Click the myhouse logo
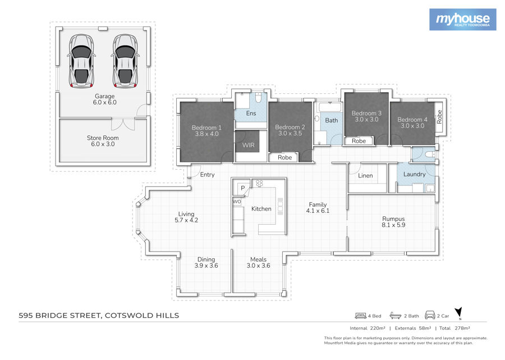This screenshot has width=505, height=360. pos(462,20)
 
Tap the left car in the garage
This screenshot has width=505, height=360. pos(81,61)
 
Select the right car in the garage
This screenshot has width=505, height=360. pos(125,61)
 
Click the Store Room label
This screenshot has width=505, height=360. pos(103,138)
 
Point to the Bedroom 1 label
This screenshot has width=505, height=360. pos(206,127)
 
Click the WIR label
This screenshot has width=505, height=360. pos(249,145)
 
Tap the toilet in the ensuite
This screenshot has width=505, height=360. pos(258,97)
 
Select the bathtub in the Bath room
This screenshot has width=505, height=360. pos(329,107)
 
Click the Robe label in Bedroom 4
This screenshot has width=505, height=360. pos(439,117)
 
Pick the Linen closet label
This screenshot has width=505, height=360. pos(365,176)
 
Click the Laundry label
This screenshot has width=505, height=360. pos(414,174)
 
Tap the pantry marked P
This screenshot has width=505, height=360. pos(243,188)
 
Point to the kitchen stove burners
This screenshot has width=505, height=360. pos(259,183)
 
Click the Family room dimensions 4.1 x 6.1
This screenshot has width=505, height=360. pos(318,211)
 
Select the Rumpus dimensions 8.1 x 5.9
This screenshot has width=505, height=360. pos(393,225)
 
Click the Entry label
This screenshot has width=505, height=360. pos(207,175)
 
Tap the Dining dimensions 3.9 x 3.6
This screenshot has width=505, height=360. pos(206,266)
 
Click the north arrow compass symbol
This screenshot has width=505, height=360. pos(458,313)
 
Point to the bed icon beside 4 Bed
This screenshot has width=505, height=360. pos(360,316)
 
